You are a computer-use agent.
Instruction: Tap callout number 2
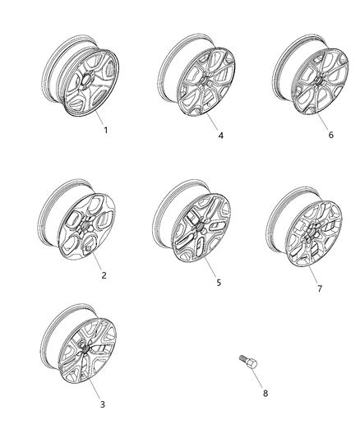click(104, 275)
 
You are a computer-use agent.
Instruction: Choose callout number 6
click(330, 135)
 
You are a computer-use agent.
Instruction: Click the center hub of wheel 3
click(85, 349)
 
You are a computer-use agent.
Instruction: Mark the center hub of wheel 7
click(308, 238)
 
